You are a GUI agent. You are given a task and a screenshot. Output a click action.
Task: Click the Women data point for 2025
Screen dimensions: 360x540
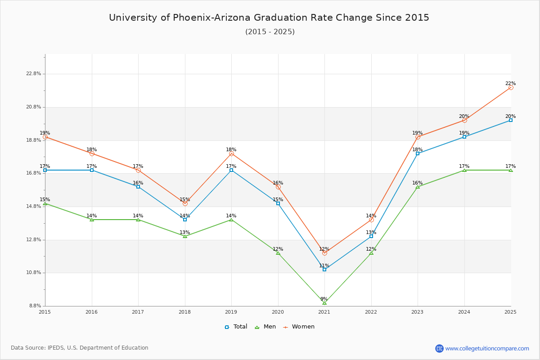point(511,87)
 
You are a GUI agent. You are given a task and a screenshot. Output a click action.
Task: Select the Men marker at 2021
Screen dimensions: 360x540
point(324,303)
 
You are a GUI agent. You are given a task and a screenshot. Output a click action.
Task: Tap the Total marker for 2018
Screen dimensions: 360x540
point(185,220)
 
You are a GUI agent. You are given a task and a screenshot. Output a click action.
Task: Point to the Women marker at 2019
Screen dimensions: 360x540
point(231,153)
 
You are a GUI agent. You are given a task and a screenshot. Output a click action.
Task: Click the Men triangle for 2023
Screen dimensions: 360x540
point(418,187)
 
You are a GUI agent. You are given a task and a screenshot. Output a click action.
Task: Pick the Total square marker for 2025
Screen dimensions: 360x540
point(511,120)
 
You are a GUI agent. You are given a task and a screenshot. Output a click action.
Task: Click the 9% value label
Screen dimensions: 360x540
point(324,299)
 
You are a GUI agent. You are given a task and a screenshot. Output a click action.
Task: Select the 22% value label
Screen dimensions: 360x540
point(510,83)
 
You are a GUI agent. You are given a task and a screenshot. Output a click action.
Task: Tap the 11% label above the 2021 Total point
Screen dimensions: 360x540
point(324,265)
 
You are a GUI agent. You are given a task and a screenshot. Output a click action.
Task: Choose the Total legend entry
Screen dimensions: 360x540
point(236,327)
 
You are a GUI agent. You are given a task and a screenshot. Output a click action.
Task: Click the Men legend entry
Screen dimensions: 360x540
point(266,327)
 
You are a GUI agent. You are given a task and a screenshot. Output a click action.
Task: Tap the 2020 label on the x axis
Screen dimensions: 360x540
point(278,311)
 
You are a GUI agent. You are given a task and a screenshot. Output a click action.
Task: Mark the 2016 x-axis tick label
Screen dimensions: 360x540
point(91,311)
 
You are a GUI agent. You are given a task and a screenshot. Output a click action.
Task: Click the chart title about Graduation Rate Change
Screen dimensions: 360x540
point(269,18)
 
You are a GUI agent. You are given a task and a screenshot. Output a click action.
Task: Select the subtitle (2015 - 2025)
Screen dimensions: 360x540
point(270,32)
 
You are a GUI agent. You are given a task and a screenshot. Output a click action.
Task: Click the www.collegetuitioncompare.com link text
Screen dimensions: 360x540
point(487,348)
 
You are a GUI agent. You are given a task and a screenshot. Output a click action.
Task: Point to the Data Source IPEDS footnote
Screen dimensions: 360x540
point(79,348)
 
